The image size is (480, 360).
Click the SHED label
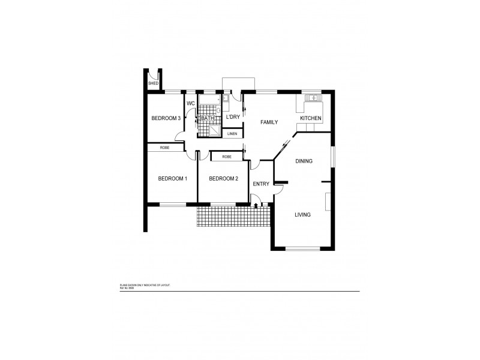(x=153, y=83)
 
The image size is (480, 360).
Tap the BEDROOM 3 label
(x=166, y=119)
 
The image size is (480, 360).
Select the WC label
(x=191, y=104)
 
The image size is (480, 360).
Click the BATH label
(x=208, y=119)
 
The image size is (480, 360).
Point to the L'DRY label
(x=233, y=118)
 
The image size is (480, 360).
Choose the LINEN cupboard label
(x=232, y=133)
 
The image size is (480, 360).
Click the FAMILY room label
(x=269, y=122)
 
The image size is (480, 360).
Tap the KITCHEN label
(x=311, y=119)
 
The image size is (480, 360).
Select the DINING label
(x=305, y=161)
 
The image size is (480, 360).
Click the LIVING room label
(x=302, y=214)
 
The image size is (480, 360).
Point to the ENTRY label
(x=261, y=184)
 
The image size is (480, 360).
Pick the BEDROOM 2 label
(x=223, y=179)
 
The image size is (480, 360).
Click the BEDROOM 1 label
(x=173, y=179)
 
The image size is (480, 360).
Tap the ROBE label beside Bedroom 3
(x=164, y=148)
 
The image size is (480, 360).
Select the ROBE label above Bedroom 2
(x=227, y=157)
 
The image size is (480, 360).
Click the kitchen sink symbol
(x=313, y=98)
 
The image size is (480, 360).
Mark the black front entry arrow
(x=257, y=206)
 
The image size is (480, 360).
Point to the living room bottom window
(x=302, y=249)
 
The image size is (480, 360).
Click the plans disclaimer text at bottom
(x=145, y=286)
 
